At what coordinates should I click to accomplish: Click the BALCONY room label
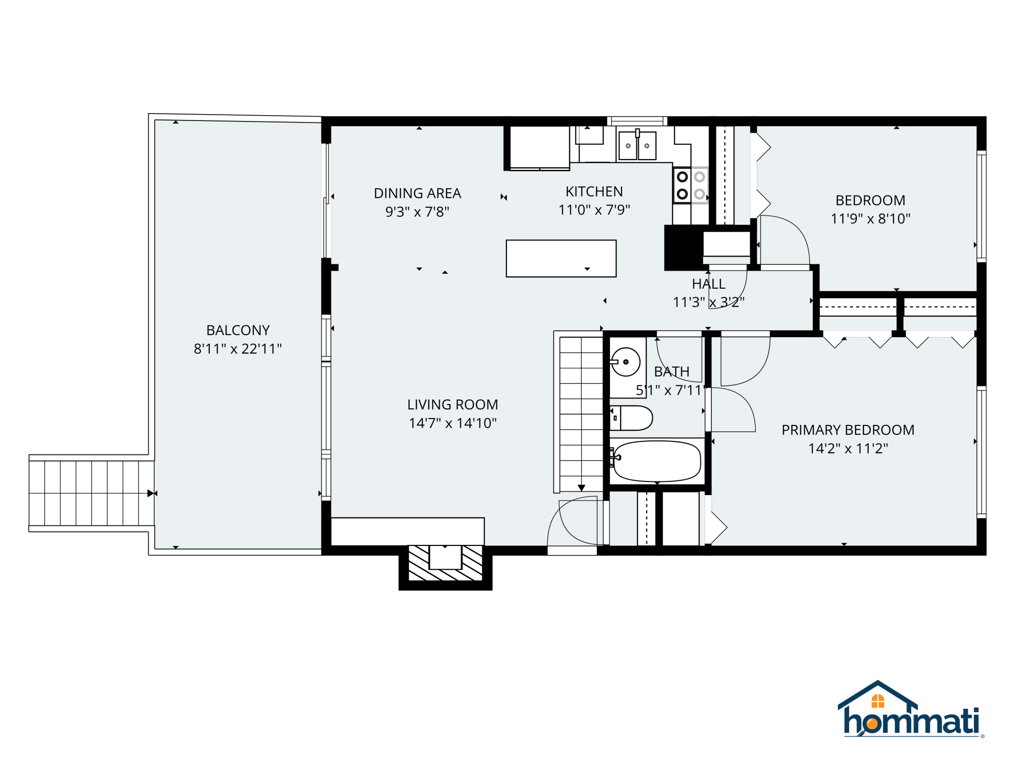point(238,330)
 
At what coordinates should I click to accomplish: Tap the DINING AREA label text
point(417,193)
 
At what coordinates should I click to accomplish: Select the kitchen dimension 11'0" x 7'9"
point(594,210)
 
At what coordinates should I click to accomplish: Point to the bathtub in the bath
point(657,461)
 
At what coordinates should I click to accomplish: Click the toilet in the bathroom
point(631,418)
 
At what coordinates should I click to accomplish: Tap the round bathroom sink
point(626,362)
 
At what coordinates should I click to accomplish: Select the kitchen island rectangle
point(561,259)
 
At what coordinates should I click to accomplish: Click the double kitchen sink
point(637,145)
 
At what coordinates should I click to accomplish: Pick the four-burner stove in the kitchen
point(690,185)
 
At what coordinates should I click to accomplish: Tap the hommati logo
point(911,709)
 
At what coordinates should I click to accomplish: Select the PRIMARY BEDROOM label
point(848,430)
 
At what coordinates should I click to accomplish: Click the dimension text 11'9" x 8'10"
point(871,219)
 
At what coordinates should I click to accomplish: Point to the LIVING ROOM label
point(452,404)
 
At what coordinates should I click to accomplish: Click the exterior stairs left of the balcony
point(91,493)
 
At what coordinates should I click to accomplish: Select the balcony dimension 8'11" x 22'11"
point(238,349)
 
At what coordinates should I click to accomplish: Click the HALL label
point(709,284)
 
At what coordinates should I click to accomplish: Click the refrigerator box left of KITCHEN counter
point(539,148)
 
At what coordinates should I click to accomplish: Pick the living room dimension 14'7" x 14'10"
point(452,423)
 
